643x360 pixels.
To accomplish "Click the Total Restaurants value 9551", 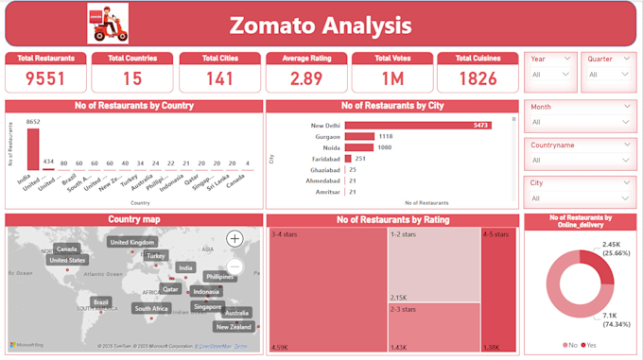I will (x=45, y=78).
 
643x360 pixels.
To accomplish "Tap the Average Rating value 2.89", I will (x=305, y=78).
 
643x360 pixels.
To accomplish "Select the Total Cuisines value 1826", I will (x=478, y=78).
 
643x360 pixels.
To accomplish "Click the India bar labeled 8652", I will (x=33, y=148).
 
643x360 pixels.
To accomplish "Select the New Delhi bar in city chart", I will (x=418, y=125).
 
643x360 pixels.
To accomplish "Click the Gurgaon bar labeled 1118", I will (x=360, y=137).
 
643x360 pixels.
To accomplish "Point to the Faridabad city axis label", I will (x=325, y=159).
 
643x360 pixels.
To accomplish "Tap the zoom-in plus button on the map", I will (x=235, y=239).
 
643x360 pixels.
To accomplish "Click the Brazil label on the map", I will (x=101, y=302).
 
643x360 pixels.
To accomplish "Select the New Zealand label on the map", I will (x=234, y=327).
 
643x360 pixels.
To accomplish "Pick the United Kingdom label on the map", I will (x=132, y=242).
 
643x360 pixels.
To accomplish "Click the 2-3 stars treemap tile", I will (x=434, y=327).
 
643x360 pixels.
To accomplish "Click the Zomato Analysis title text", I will (x=321, y=25).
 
